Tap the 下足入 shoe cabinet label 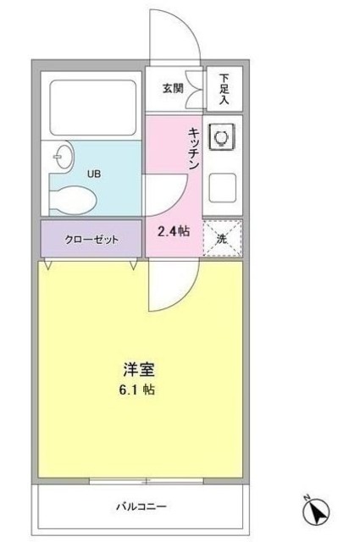224,86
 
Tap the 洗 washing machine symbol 222,238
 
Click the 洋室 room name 140,370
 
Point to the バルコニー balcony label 141,507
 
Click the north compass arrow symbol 313,512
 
